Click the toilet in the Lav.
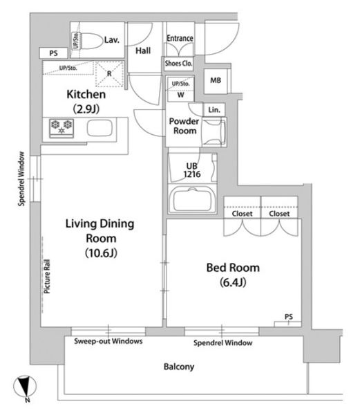tap(88, 41)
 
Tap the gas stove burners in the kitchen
tap(61, 128)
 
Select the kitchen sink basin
tap(100, 128)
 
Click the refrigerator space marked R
tap(109, 74)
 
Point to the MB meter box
tap(216, 80)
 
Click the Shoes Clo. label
tap(179, 64)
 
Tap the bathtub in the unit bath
tap(192, 199)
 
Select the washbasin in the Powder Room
tap(214, 132)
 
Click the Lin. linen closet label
tap(214, 109)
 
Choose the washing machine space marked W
tap(181, 95)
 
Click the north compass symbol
tap(25, 387)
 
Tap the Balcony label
tap(179, 367)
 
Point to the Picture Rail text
tap(47, 276)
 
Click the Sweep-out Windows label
tap(108, 341)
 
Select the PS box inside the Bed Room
tap(288, 324)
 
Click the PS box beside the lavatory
tap(54, 53)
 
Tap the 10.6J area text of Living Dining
tap(101, 253)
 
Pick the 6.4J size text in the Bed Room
tap(233, 282)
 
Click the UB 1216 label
tap(192, 170)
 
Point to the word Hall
tap(143, 50)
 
